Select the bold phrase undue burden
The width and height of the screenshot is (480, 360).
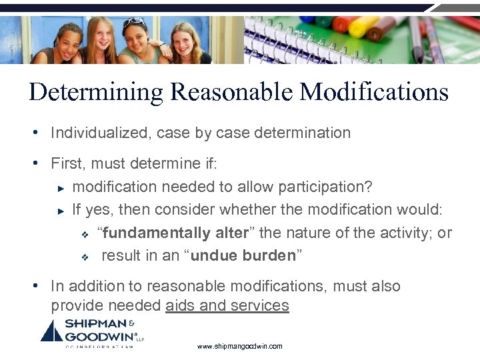point(243,256)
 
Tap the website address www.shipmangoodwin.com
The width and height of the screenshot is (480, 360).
point(240,346)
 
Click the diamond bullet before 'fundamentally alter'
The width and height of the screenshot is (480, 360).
point(85,235)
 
